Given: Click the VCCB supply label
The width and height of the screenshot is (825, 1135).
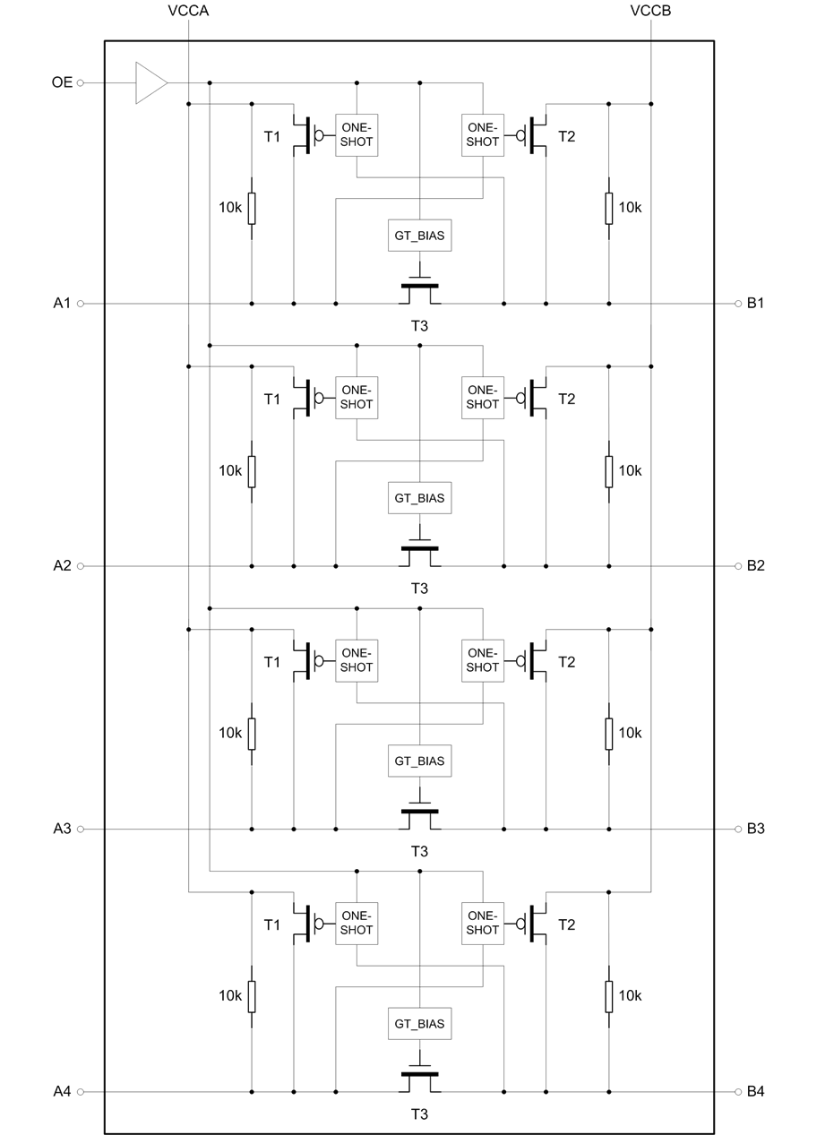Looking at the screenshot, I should [x=651, y=11].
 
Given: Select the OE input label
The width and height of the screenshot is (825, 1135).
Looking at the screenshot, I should [x=62, y=83].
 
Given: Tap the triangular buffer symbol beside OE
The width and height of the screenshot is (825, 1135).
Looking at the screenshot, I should [x=150, y=82].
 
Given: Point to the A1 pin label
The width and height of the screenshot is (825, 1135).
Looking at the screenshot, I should [x=62, y=303].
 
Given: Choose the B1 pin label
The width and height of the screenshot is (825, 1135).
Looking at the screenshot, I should [x=755, y=303].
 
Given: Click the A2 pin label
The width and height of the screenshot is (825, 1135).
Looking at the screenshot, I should [x=62, y=565].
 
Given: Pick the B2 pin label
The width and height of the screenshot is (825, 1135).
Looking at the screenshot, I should [x=755, y=565].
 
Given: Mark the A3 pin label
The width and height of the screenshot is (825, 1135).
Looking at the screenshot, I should [x=62, y=829].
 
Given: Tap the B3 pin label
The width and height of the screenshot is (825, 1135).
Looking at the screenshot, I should [x=755, y=829].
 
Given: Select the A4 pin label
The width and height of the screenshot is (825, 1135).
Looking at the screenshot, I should [x=62, y=1091].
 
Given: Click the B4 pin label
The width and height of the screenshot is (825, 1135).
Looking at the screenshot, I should [x=755, y=1091].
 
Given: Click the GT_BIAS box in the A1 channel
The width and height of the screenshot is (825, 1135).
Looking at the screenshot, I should [x=419, y=236].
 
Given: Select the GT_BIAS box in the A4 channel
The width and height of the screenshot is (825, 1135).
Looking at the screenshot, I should [x=419, y=1023].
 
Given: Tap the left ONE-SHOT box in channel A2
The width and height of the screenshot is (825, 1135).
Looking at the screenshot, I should [x=357, y=397].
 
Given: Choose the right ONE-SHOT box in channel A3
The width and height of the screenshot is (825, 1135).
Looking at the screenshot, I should [x=482, y=660].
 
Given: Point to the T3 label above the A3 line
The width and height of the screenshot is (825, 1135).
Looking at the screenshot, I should [x=419, y=589].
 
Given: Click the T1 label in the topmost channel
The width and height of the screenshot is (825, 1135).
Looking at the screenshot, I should [x=272, y=136].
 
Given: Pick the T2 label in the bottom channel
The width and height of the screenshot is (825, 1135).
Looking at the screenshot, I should [x=566, y=924].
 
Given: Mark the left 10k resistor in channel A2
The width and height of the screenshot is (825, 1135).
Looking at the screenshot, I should [x=251, y=470].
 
